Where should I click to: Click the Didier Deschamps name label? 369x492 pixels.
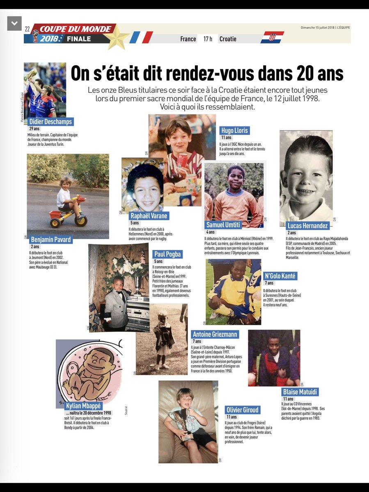[50, 121]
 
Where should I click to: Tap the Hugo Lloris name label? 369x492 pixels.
[234, 130]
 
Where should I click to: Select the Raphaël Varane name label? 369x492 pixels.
[149, 216]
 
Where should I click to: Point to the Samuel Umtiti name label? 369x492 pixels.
[223, 224]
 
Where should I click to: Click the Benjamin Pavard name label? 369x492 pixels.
[51, 239]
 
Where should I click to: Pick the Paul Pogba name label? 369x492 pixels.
[167, 254]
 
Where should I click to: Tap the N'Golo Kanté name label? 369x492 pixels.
[280, 276]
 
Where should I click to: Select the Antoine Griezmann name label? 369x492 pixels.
[215, 334]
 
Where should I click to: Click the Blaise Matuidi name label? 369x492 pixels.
[300, 392]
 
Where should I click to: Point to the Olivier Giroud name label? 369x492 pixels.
[243, 410]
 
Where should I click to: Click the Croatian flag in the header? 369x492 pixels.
[272, 37]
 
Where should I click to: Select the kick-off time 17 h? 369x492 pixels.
[208, 39]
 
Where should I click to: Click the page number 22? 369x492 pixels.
[28, 29]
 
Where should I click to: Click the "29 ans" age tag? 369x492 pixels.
[34, 129]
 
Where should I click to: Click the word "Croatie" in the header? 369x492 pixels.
[228, 39]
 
